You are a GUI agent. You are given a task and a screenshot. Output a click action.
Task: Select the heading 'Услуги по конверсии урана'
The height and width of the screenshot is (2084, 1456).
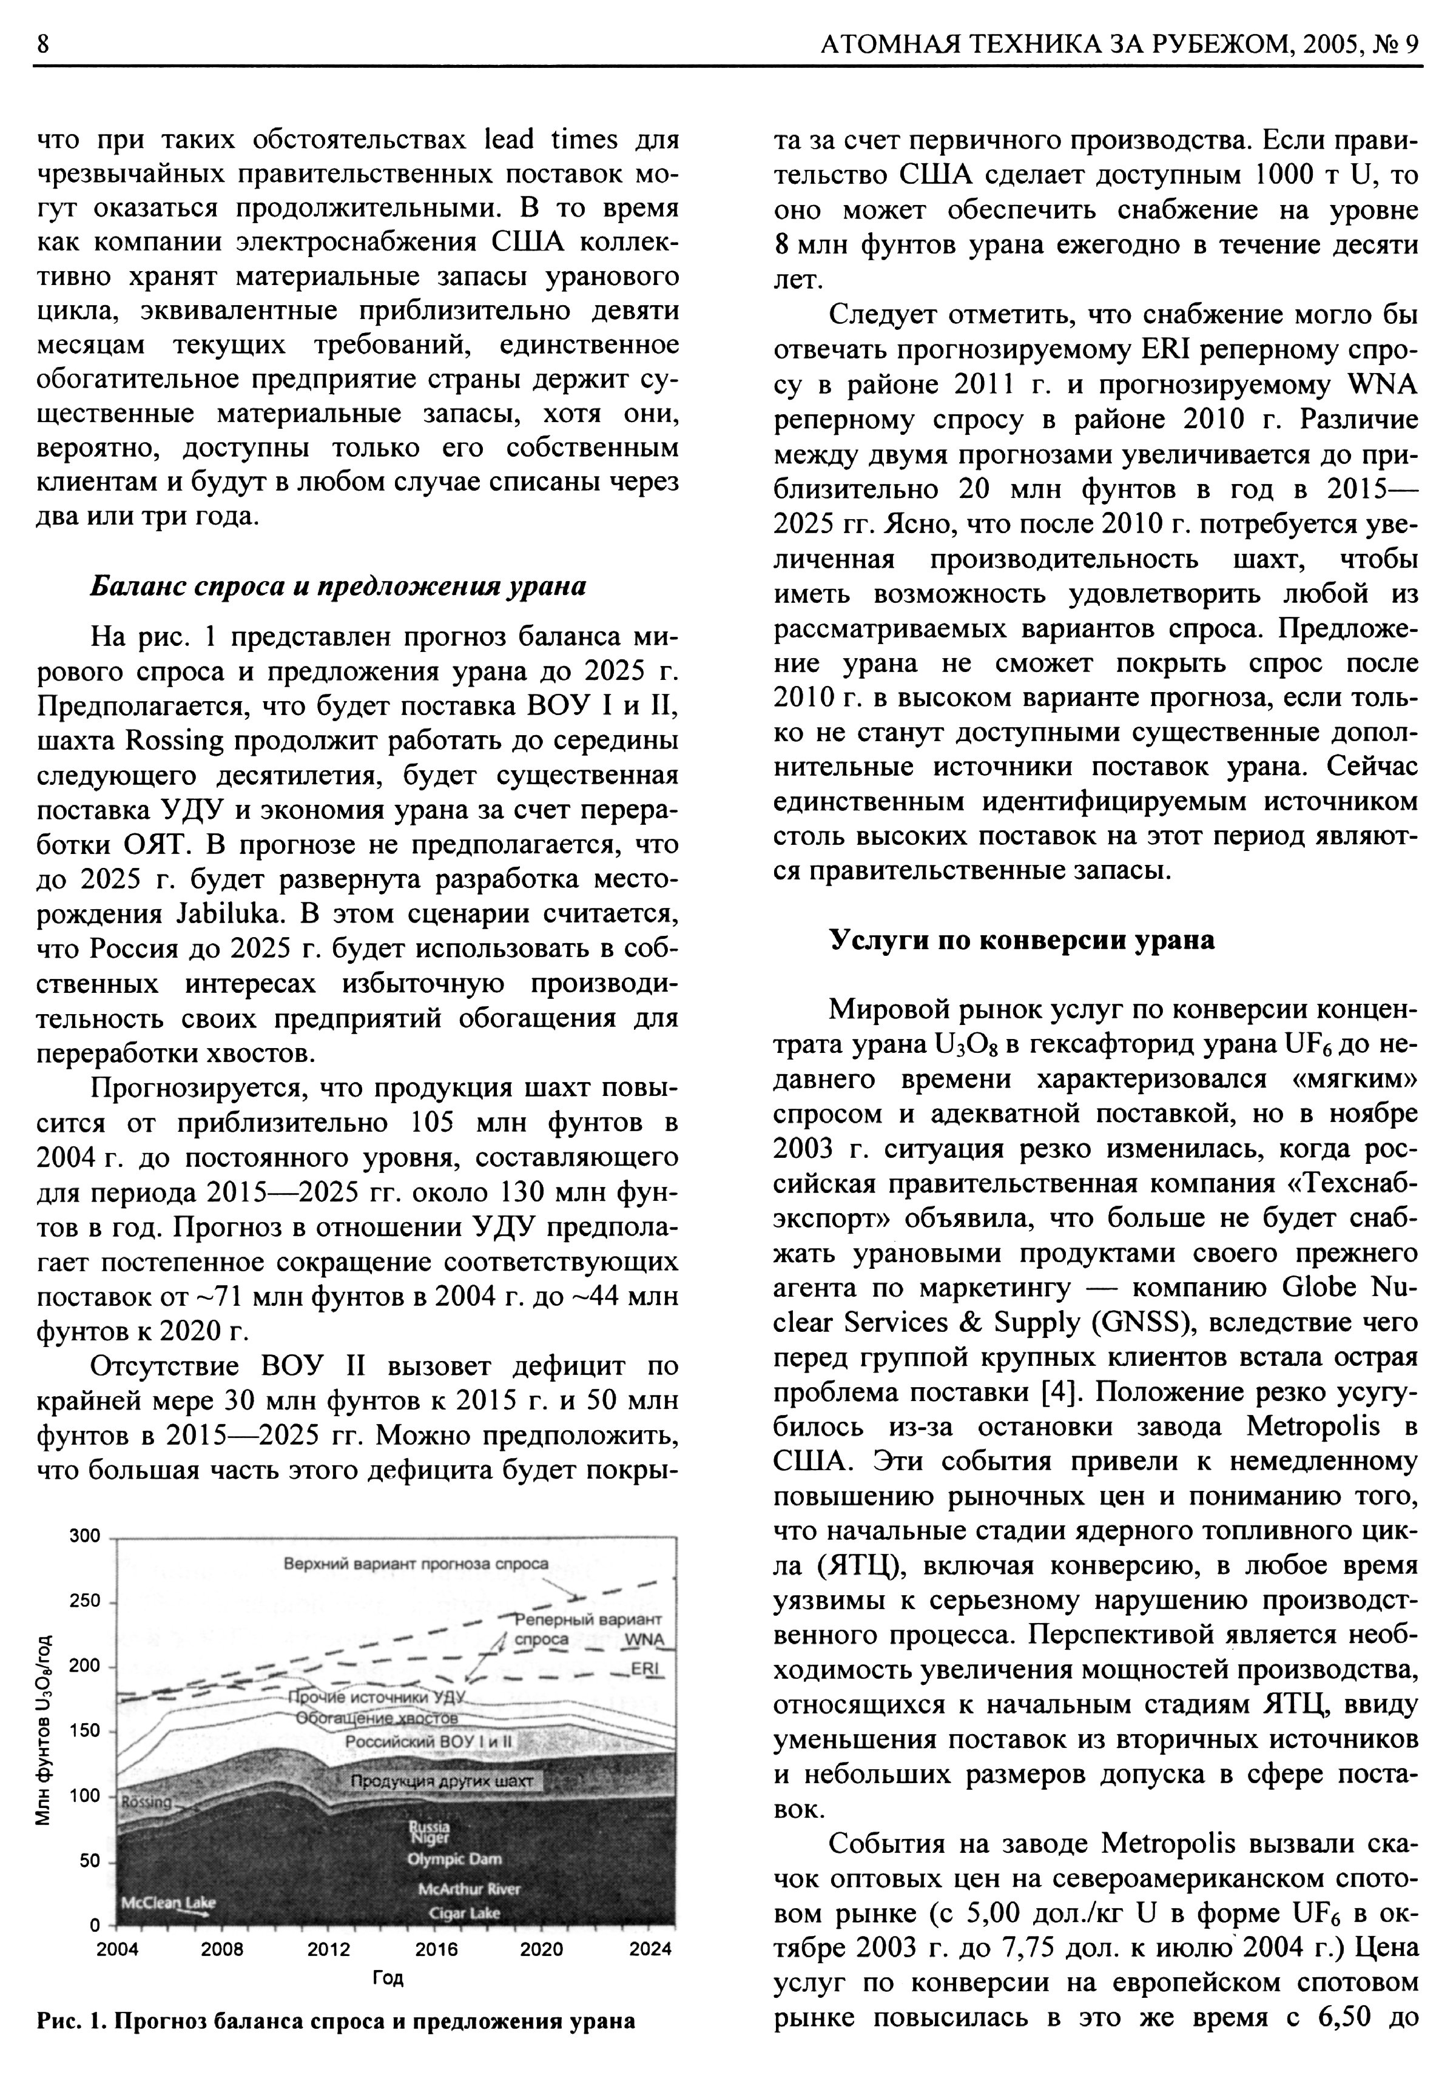click(x=1021, y=939)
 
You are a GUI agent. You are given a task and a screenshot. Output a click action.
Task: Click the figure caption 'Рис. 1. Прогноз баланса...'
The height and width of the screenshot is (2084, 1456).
click(x=336, y=2020)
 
